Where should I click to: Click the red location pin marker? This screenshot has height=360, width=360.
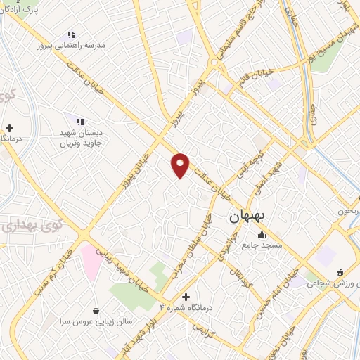181,165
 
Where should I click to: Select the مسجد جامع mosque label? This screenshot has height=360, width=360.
262,245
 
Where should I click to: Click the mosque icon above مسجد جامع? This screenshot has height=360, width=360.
262,235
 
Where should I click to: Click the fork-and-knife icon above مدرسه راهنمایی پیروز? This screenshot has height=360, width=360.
71,34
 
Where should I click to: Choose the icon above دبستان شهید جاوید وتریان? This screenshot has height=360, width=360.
79,122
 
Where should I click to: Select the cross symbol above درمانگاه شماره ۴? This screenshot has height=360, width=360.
186,297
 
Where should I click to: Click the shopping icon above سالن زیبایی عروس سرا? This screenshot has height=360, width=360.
96,310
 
